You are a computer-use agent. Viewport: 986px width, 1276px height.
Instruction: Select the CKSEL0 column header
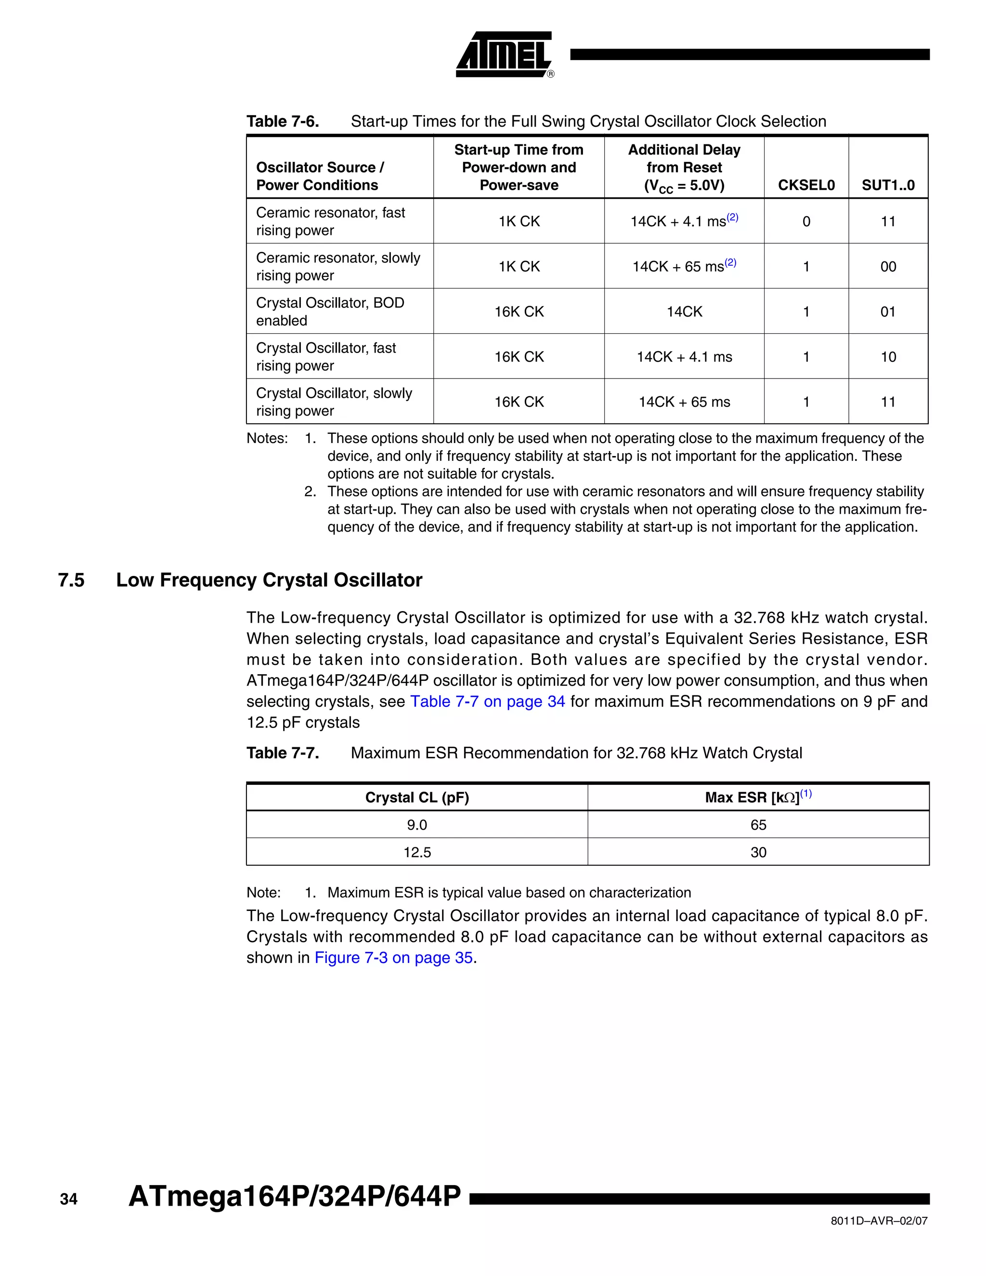(x=805, y=185)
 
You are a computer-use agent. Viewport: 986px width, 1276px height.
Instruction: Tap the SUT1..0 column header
(x=887, y=185)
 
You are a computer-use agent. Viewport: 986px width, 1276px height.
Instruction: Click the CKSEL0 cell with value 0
(x=805, y=221)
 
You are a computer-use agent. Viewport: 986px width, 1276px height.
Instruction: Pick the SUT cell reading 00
(x=887, y=266)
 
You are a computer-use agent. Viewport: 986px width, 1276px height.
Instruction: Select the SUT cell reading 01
(x=887, y=312)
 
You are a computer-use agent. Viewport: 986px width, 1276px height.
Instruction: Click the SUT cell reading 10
(x=887, y=356)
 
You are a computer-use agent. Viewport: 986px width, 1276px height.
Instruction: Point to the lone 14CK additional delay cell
(x=684, y=312)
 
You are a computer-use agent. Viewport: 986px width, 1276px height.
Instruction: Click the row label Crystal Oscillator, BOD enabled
(x=330, y=312)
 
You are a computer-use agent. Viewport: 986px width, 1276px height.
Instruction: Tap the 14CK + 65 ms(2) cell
(x=684, y=266)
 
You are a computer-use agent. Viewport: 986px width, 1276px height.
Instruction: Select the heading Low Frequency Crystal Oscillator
(x=269, y=580)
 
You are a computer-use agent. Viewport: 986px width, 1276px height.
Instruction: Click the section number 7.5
(x=71, y=580)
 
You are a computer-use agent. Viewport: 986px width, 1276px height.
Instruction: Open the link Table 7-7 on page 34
(x=487, y=701)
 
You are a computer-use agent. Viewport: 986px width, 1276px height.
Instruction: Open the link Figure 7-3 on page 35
(x=393, y=958)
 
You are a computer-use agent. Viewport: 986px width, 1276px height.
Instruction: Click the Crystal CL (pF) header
(x=416, y=797)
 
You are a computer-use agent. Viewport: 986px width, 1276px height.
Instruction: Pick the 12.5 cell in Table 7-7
(x=416, y=852)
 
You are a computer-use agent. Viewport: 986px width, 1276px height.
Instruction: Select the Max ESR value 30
(x=758, y=852)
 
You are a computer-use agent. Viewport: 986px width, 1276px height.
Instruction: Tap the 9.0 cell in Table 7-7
(x=416, y=824)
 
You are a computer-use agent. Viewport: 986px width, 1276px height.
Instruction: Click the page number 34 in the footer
(x=68, y=1199)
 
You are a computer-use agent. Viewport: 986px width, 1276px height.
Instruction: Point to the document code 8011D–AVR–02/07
(x=879, y=1221)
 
